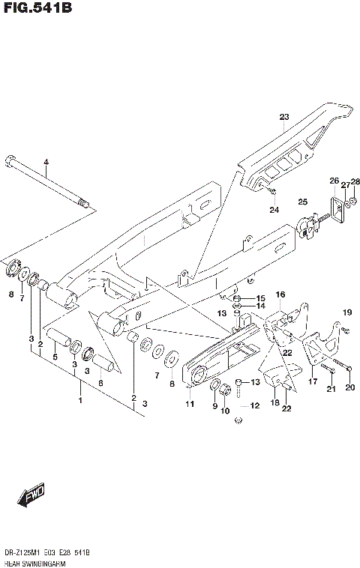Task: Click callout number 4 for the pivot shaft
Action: [45, 163]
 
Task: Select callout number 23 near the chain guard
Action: [283, 117]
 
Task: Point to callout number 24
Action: [274, 209]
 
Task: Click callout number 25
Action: [302, 202]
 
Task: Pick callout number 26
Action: [334, 181]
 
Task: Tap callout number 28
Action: [355, 181]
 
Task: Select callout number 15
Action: [260, 298]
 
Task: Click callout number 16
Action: [280, 294]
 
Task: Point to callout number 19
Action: [347, 312]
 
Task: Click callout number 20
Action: [349, 387]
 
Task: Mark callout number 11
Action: [190, 405]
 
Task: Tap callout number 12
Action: [254, 405]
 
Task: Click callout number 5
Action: [55, 357]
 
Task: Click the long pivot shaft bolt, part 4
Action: [45, 181]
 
